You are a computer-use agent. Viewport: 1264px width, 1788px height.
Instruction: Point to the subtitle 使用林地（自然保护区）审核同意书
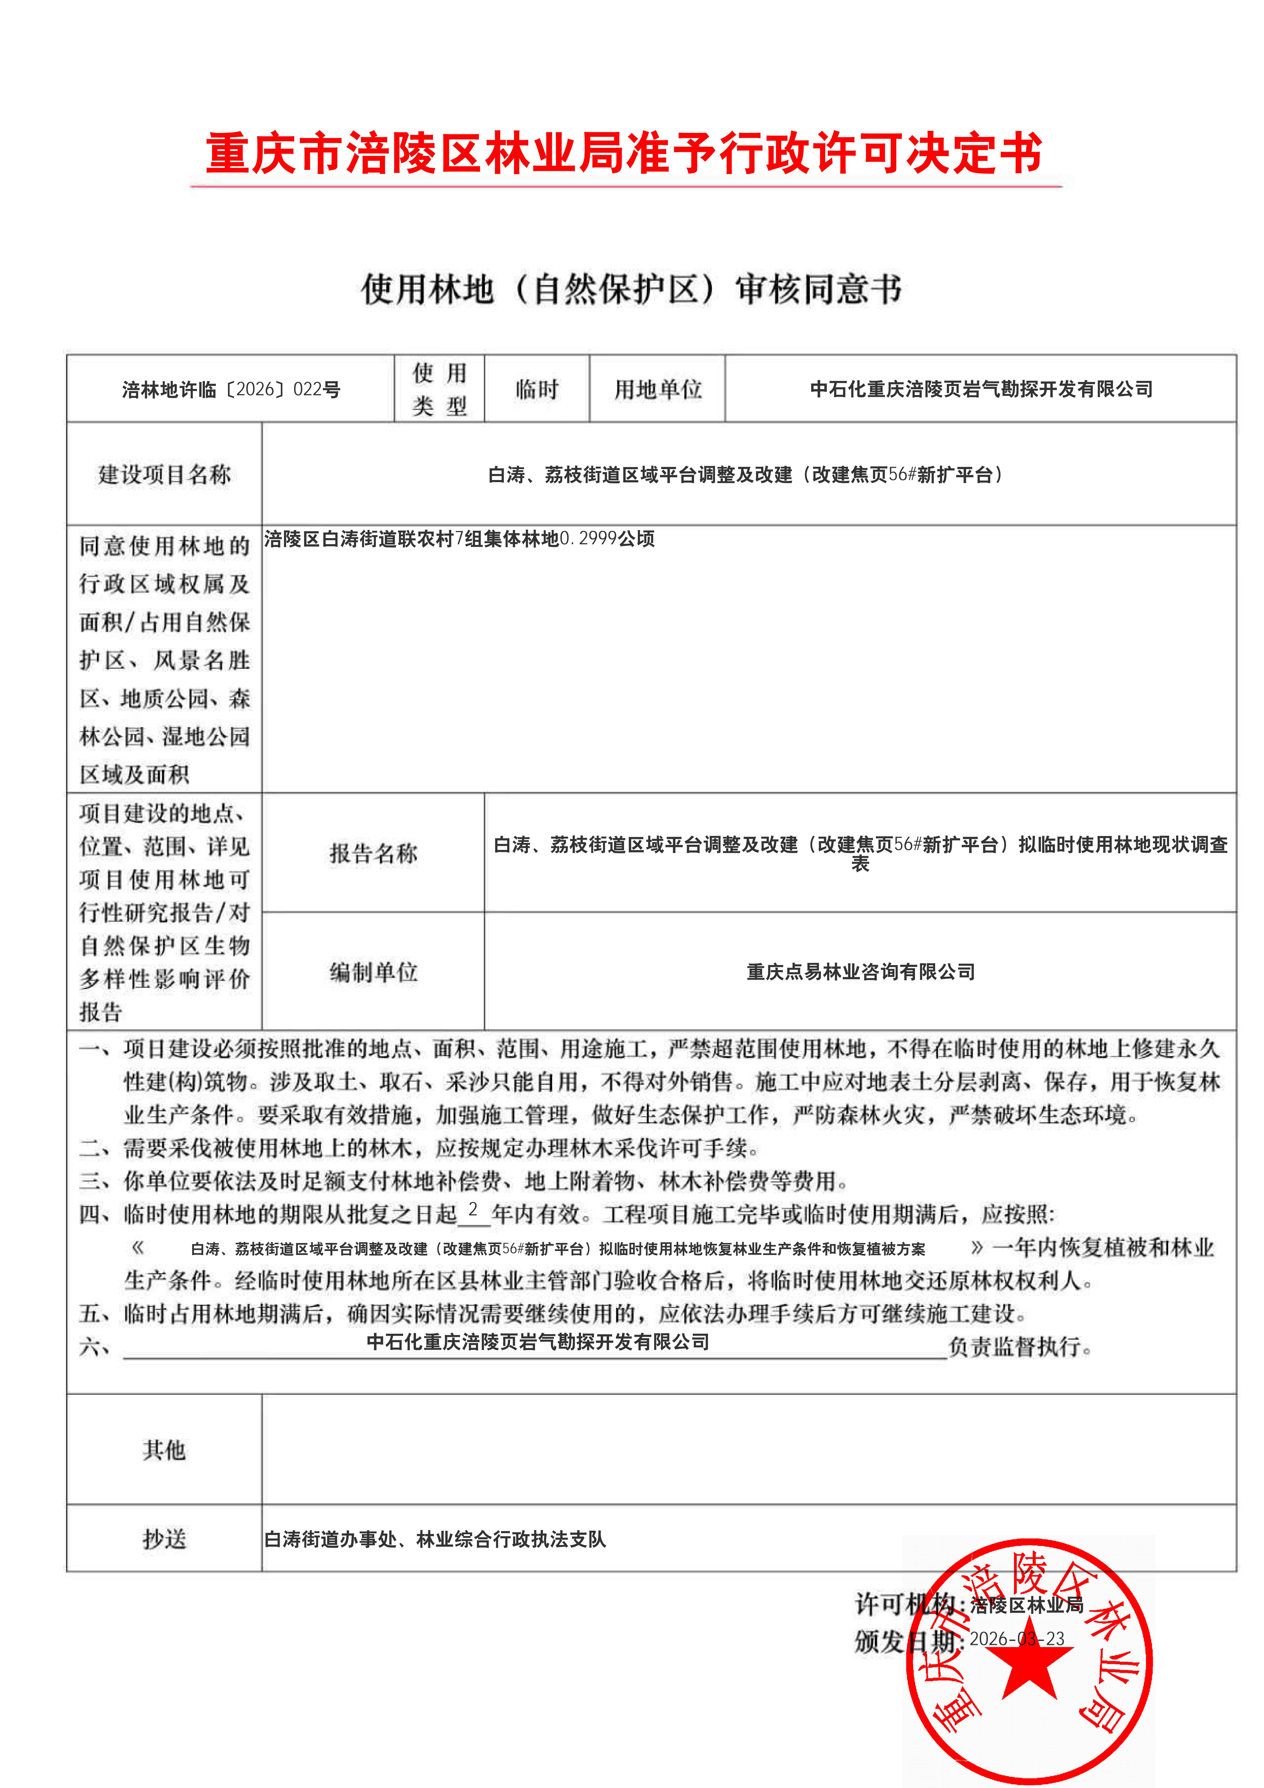tap(631, 289)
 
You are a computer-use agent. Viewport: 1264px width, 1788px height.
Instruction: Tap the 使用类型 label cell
tap(439, 389)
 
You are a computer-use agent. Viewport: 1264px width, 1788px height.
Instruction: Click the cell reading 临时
tap(537, 389)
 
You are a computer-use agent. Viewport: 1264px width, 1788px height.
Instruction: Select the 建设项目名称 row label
tap(164, 474)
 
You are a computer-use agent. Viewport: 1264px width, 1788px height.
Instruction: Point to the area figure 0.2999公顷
tap(608, 539)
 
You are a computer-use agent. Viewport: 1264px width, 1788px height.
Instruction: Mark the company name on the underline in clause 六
tap(538, 1342)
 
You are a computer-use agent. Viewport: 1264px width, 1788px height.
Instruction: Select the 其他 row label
tap(164, 1450)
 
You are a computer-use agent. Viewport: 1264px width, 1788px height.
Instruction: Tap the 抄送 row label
tap(164, 1539)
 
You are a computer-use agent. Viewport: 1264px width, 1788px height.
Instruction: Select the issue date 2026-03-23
tap(1016, 1639)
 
